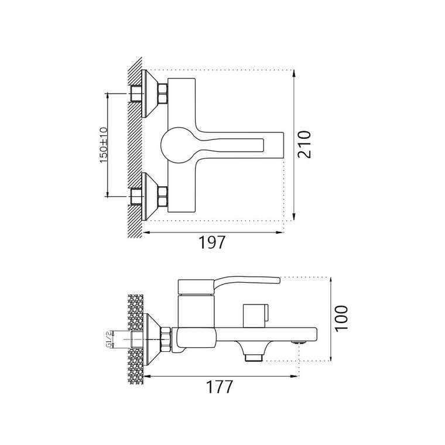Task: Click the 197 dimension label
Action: pos(211,242)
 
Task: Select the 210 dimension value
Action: pos(304,144)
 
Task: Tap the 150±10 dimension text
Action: pos(104,145)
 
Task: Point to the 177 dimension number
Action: pos(220,386)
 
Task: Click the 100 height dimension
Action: pos(341,318)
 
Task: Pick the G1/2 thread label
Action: pos(108,339)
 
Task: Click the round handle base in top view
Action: pos(179,145)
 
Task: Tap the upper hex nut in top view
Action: pos(163,93)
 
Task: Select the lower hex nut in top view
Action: pos(163,196)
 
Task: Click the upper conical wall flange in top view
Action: pos(149,93)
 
